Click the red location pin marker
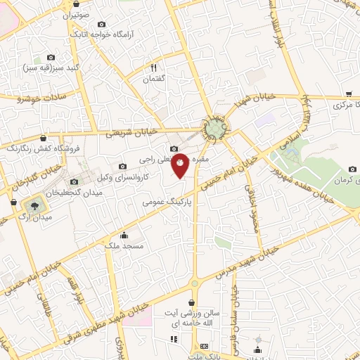[181, 165]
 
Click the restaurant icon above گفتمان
[153, 68]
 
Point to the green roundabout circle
[215, 129]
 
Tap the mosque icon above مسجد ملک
[124, 236]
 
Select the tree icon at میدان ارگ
[32, 206]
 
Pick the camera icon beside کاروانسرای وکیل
[122, 166]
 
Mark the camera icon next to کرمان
[353, 169]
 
